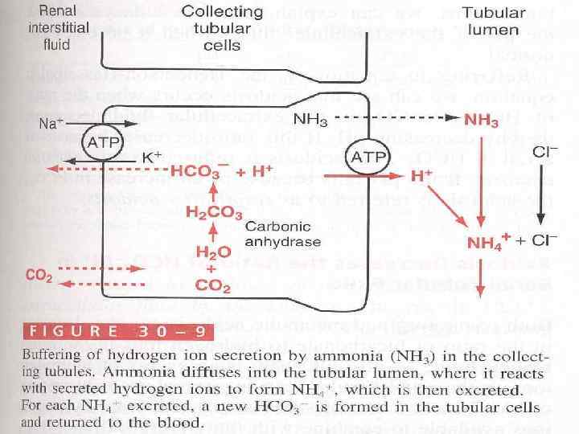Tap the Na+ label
point(50,125)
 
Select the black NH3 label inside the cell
point(310,119)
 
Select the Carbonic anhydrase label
point(283,234)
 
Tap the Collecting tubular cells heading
point(222,28)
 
